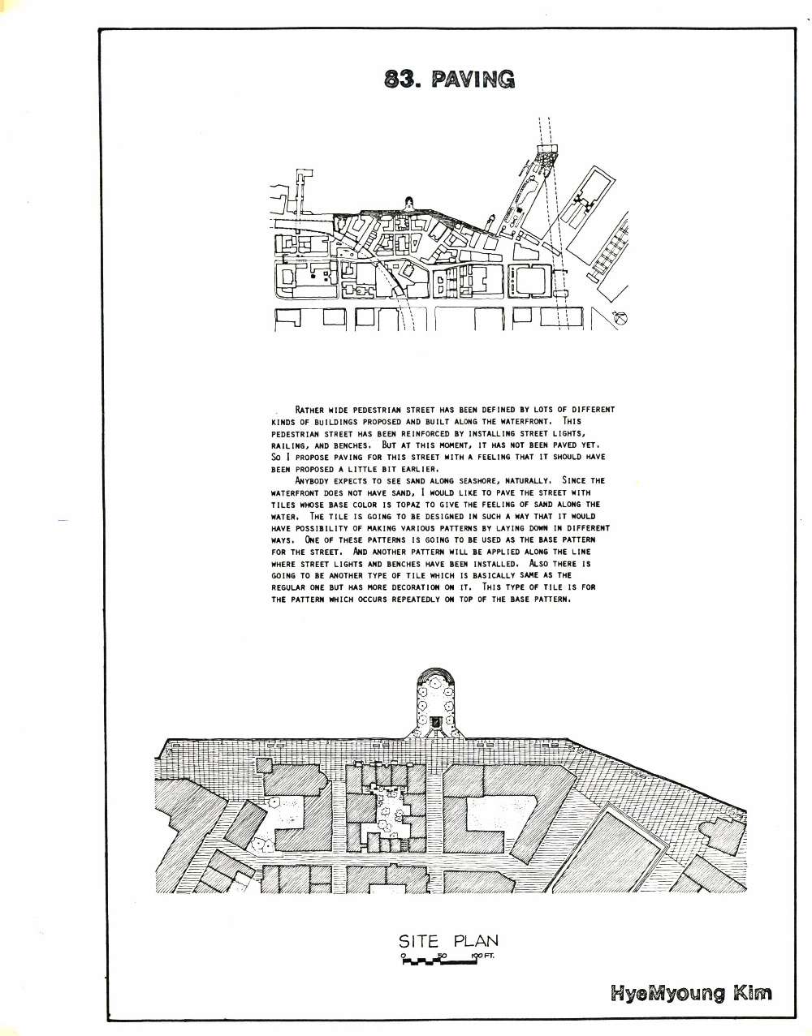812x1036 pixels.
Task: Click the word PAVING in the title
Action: (473, 80)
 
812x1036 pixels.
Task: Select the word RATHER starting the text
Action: (310, 410)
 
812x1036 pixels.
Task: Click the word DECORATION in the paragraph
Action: (416, 587)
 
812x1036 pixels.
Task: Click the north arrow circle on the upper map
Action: (619, 317)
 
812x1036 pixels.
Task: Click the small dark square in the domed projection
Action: (435, 722)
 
